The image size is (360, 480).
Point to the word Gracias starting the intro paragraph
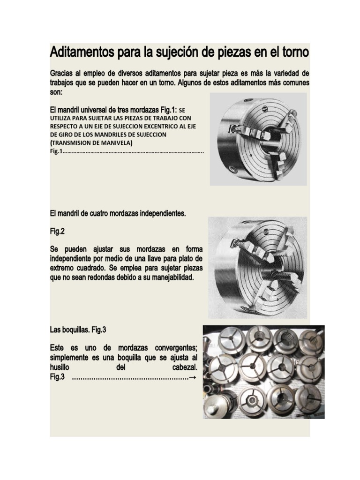point(63,75)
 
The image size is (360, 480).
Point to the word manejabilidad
point(166,277)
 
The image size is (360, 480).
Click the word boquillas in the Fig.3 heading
point(74,330)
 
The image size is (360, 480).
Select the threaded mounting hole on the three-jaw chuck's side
point(229,168)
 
